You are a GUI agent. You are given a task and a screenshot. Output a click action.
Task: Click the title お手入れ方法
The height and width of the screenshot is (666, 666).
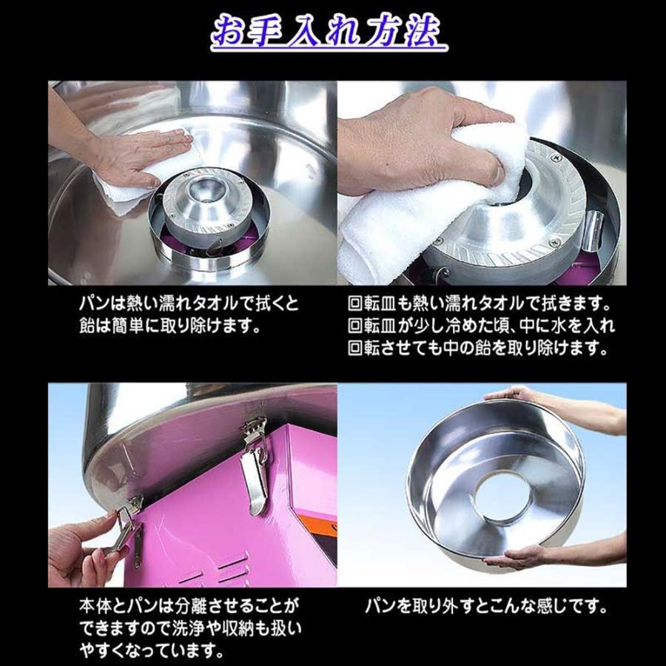tap(329, 32)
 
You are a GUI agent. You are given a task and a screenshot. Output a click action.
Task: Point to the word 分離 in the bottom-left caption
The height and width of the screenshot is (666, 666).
tap(191, 605)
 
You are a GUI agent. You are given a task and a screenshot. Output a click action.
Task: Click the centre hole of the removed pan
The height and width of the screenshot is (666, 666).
tap(502, 496)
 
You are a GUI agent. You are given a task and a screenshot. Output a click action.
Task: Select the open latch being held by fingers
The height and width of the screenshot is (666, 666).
tap(127, 526)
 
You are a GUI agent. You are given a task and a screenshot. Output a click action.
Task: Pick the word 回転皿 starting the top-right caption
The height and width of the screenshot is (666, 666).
tap(371, 304)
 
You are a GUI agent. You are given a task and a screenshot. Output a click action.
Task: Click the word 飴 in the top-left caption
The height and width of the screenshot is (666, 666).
tap(87, 326)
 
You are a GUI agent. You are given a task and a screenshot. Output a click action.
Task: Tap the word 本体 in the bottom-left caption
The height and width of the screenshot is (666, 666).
tap(95, 605)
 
